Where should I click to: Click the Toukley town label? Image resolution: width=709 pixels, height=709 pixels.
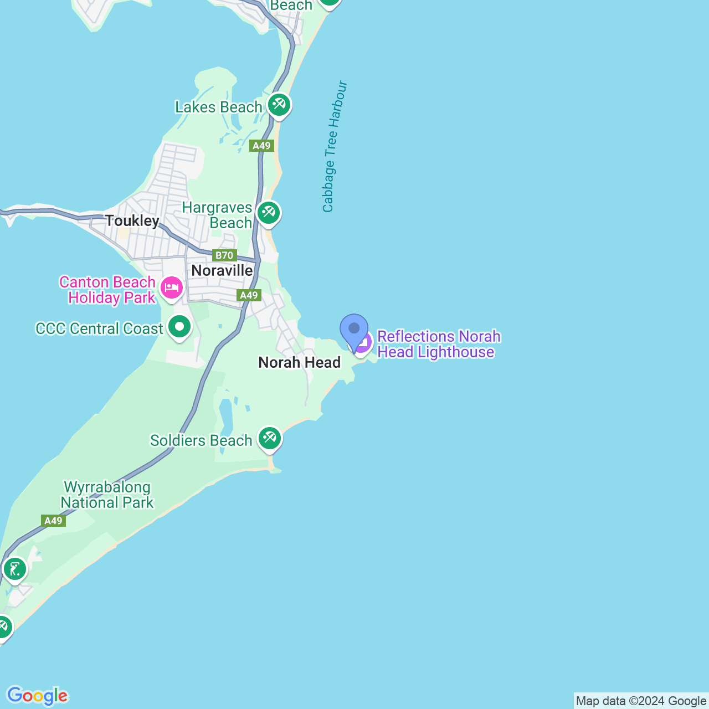(132, 221)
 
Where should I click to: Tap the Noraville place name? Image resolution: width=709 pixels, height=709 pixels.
(222, 271)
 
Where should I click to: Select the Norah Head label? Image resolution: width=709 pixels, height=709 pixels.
(300, 363)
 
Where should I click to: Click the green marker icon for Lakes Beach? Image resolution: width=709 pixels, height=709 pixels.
(279, 105)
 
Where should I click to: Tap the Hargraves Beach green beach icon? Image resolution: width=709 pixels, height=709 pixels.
(269, 213)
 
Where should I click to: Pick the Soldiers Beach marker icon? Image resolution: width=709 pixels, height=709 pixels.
(270, 439)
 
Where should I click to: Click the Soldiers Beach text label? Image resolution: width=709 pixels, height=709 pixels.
(201, 441)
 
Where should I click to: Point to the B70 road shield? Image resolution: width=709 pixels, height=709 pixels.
(224, 255)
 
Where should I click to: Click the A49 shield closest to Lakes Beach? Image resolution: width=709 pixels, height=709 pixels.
(261, 146)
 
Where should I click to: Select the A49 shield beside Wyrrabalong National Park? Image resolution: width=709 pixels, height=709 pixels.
(53, 521)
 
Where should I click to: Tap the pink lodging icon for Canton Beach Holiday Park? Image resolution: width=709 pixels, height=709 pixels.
(172, 288)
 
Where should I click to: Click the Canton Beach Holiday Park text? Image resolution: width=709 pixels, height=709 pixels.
(108, 290)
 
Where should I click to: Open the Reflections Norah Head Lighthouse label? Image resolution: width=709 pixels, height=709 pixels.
(439, 345)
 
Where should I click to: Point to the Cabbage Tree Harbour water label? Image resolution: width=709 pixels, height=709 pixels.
(335, 147)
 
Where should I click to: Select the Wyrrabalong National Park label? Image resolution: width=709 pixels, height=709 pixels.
(107, 495)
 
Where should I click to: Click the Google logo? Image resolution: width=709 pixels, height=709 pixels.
(37, 696)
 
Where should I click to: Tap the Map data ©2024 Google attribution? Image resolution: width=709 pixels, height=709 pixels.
(641, 701)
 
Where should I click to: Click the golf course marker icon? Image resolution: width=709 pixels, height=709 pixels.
(14, 569)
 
